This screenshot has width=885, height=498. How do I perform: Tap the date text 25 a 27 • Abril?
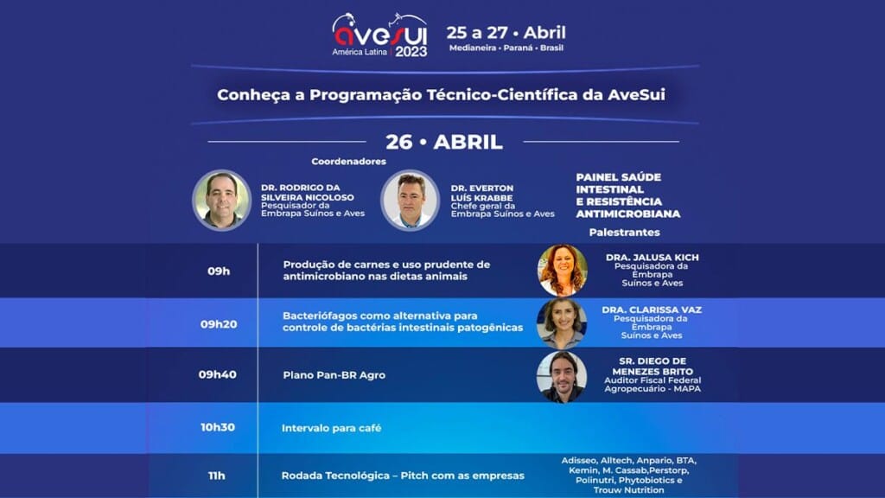point(506,33)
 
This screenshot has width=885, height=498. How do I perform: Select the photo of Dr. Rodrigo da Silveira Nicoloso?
point(221,200)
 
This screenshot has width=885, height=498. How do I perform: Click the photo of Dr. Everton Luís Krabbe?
point(411,200)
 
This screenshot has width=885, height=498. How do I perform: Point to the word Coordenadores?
point(349,161)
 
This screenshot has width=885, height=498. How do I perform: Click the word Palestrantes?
point(624,233)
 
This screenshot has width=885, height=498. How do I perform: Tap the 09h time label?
point(219,271)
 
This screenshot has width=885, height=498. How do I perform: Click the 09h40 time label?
point(219,375)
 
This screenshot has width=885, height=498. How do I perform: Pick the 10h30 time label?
point(219,428)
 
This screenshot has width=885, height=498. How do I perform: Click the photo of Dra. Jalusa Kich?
point(562,271)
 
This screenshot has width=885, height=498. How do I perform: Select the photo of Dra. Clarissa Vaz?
point(562,322)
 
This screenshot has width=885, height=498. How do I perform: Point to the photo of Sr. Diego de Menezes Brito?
point(562,376)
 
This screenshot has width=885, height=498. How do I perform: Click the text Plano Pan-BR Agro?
point(334,375)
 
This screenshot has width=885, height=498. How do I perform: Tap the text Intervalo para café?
point(331,428)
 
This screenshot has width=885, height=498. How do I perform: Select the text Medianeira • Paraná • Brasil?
point(506,48)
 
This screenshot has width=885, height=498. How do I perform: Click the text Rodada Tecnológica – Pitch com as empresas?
point(403,476)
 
